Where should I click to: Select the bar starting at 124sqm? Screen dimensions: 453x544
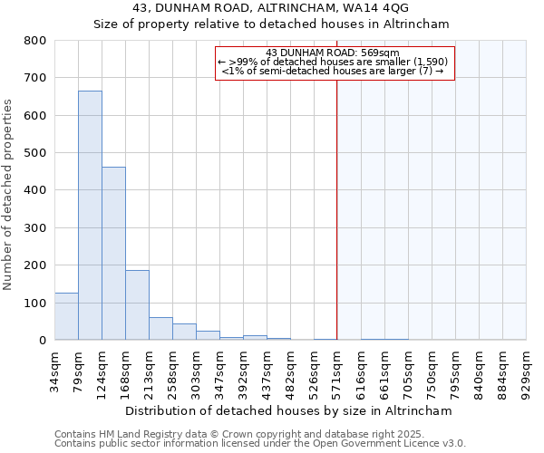click(x=113, y=254)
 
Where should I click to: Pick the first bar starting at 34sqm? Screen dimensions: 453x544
click(x=66, y=316)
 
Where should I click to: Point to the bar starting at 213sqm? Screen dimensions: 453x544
click(x=160, y=329)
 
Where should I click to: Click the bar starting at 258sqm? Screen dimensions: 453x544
click(x=184, y=333)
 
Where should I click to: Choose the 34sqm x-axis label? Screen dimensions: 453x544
click(x=54, y=370)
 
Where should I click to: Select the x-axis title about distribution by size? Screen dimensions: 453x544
click(x=290, y=411)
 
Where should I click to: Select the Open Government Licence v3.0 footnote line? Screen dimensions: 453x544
click(x=259, y=444)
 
